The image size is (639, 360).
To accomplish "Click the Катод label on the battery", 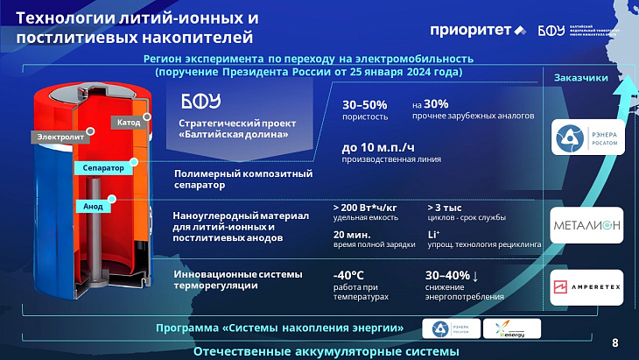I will [129, 123].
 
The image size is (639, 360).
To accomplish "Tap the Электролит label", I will [60, 137].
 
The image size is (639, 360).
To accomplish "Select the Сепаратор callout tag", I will [102, 167].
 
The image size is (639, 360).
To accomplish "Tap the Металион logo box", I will [586, 227].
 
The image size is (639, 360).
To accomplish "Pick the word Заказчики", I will [581, 79].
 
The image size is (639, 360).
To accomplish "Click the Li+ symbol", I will [433, 235].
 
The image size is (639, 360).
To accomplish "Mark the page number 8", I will [614, 342].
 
